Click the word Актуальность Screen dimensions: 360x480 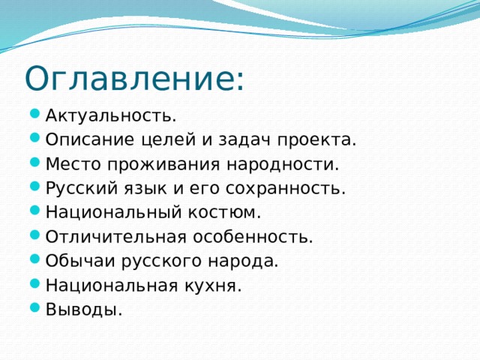(110, 115)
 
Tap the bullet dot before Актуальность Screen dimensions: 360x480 (37, 115)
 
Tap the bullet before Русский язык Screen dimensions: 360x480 (37, 188)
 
